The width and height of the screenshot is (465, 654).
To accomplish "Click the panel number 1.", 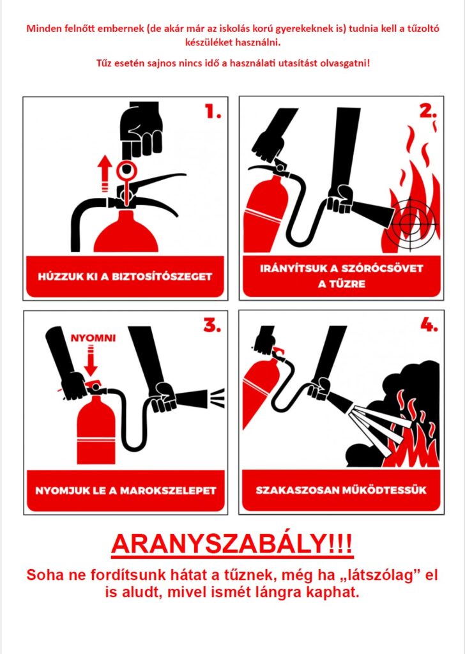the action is click(x=213, y=111).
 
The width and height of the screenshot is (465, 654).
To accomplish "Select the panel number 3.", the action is click(x=212, y=325).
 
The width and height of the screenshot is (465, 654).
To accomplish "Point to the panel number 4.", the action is click(x=429, y=325).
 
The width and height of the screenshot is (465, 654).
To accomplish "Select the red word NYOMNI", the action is click(x=93, y=338).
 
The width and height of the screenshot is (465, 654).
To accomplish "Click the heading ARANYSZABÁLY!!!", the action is click(x=232, y=544).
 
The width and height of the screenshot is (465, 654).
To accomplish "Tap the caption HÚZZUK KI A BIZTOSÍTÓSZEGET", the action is click(x=125, y=277).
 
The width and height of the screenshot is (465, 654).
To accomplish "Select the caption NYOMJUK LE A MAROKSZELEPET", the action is click(x=126, y=490).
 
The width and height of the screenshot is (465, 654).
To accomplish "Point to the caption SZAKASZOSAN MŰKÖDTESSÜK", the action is click(x=341, y=489).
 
